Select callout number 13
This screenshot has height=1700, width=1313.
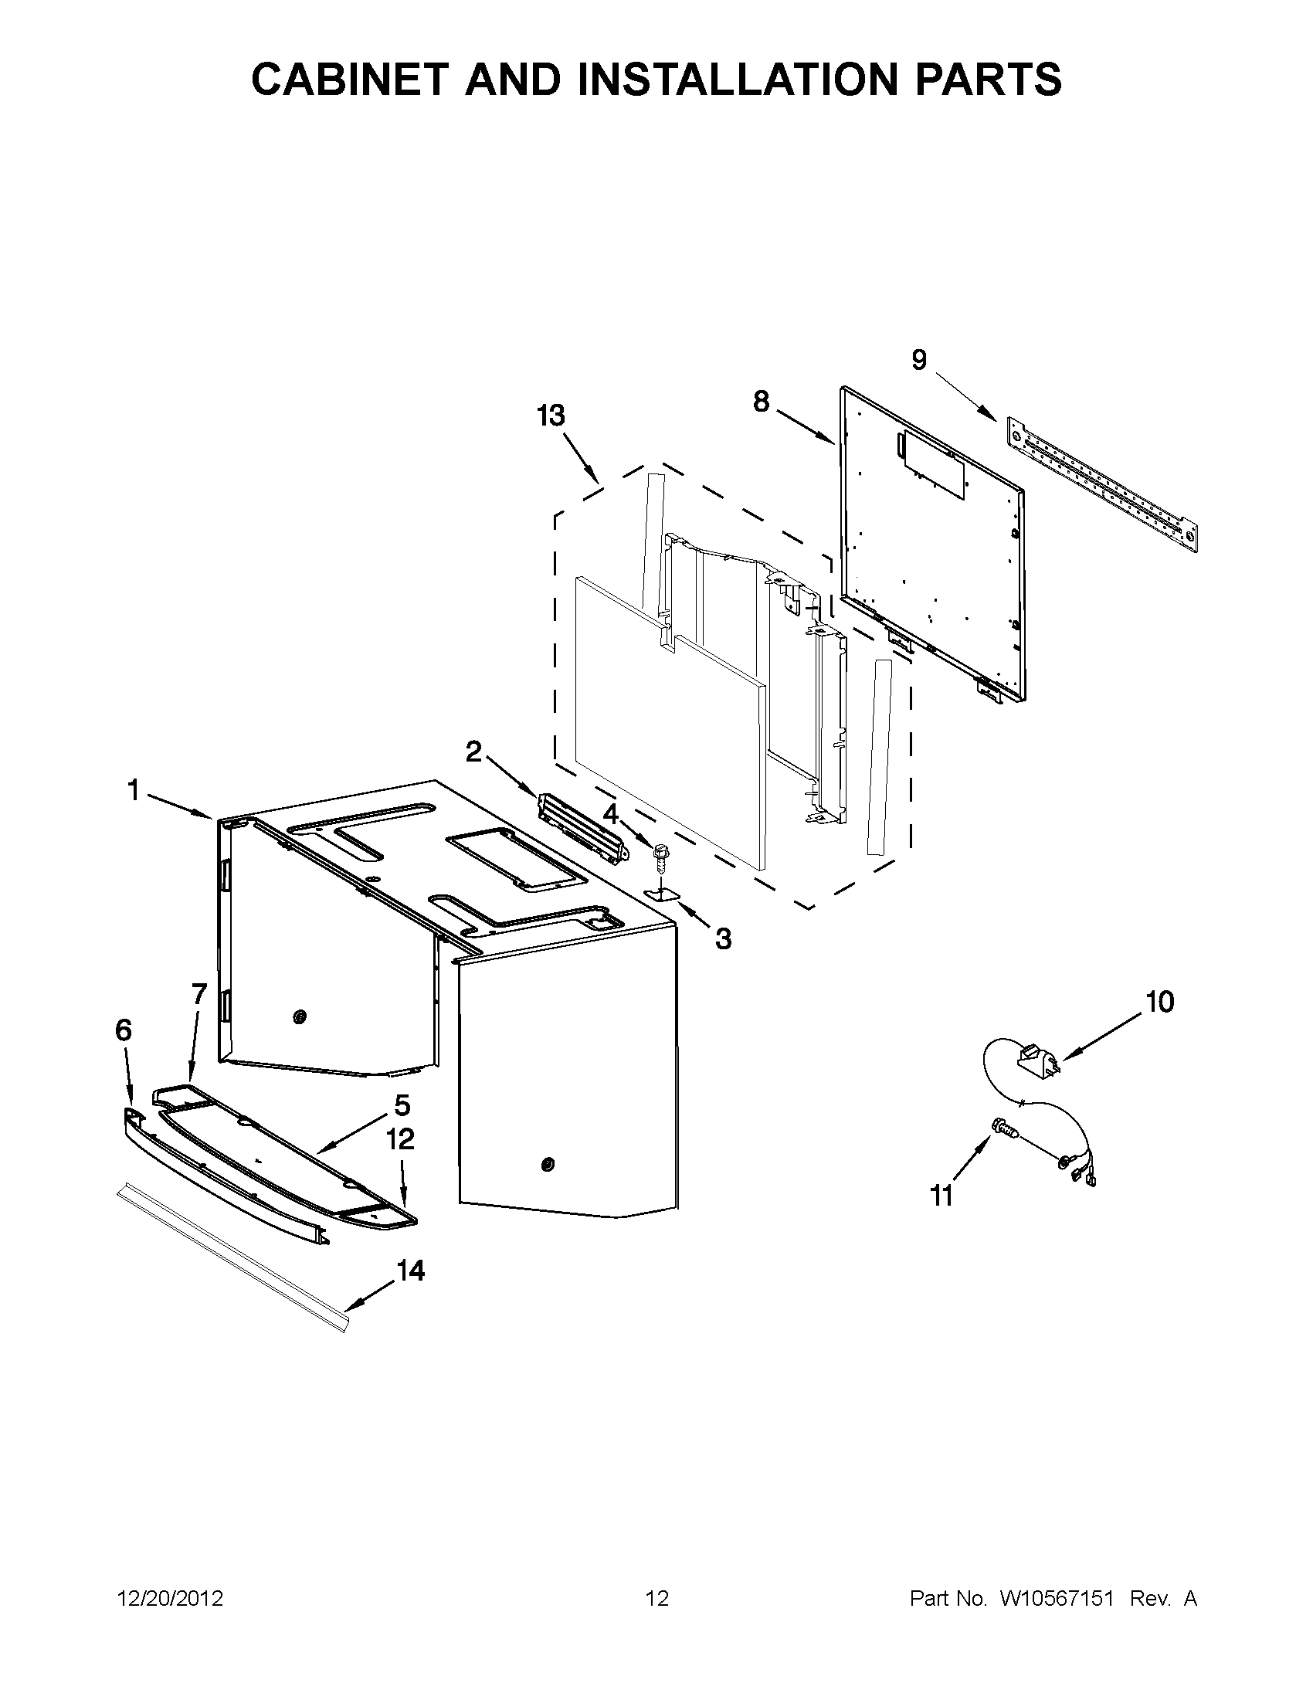550,416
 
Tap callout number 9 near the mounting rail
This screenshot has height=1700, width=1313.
919,361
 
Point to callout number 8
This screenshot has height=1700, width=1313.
762,402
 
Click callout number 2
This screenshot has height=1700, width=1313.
473,752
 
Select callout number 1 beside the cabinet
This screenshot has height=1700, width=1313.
134,791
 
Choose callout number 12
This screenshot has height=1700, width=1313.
400,1139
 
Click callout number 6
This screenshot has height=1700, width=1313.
124,1030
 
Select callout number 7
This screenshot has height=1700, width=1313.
199,994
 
